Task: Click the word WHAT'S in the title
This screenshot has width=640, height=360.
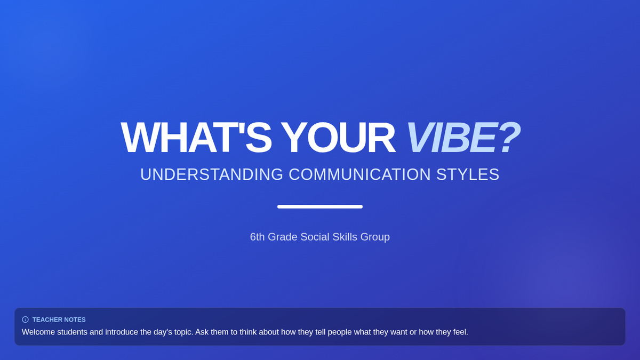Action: (196, 138)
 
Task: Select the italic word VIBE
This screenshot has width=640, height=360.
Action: (451, 138)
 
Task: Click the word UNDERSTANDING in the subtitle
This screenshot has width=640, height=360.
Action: (212, 174)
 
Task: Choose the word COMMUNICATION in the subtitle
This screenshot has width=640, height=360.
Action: (359, 174)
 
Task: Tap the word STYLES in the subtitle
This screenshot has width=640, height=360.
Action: (468, 174)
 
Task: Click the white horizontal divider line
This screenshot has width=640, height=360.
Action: (320, 206)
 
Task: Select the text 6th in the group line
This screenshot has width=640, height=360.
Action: (257, 237)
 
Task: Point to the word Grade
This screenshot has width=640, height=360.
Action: (283, 237)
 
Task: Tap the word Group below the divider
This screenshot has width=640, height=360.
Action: (375, 237)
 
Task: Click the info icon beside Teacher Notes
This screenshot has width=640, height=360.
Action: (25, 319)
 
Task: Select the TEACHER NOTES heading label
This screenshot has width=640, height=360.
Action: (59, 319)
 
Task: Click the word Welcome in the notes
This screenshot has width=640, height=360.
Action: (38, 332)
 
